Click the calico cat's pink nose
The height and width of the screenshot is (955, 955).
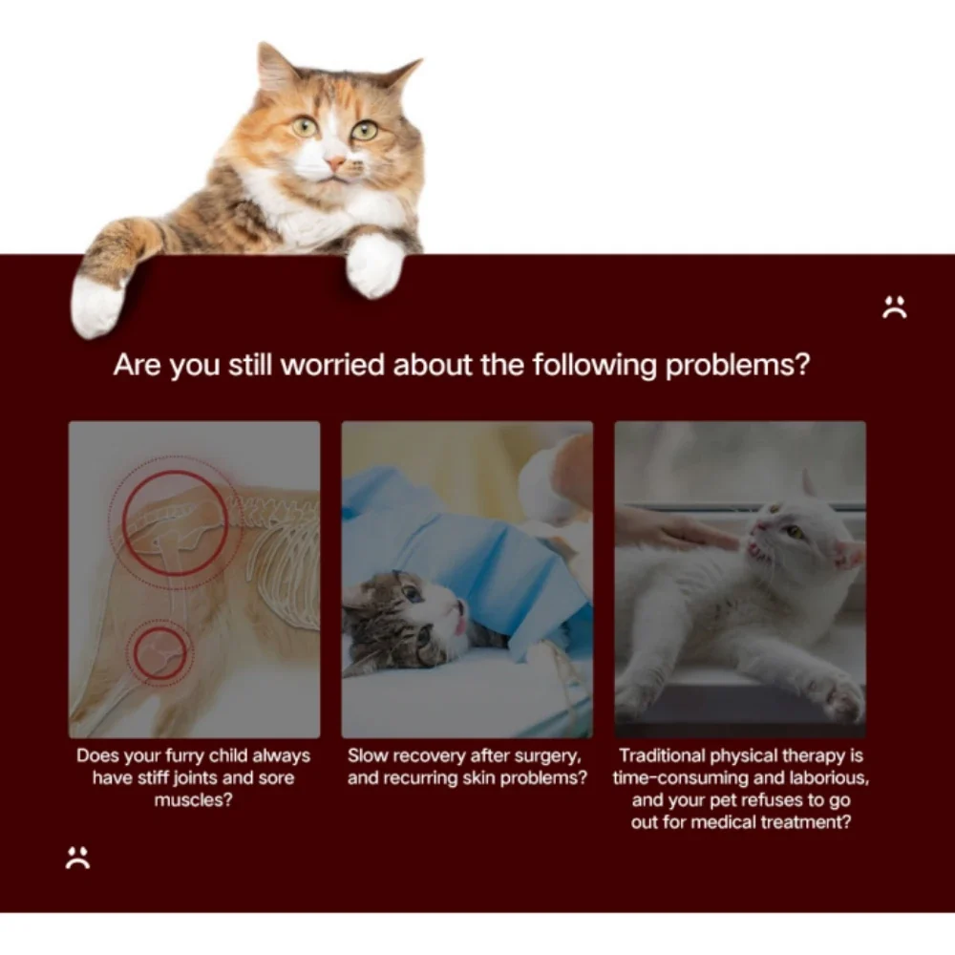click(335, 162)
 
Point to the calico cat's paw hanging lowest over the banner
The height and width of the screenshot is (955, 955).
click(96, 306)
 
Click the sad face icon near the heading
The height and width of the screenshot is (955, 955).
click(894, 307)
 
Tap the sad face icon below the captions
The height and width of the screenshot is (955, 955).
click(77, 858)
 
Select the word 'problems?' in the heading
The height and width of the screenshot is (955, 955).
click(737, 366)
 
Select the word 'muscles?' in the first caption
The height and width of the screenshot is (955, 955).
click(194, 799)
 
